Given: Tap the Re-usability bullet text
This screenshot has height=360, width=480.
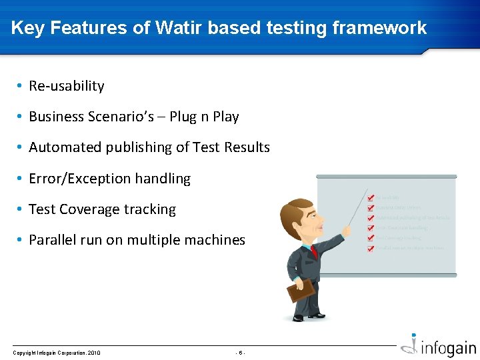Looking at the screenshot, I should tap(67, 86).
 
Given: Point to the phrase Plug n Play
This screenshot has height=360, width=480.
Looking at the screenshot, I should tap(204, 117).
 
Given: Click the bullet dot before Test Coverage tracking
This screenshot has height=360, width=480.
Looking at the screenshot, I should tap(21, 209).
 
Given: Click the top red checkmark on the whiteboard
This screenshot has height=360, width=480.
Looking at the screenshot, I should tap(371, 198).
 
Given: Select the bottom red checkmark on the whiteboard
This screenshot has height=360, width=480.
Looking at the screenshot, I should tap(371, 248).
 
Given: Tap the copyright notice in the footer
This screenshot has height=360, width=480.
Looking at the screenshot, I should tap(57, 353).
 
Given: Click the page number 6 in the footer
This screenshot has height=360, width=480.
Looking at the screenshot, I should tap(241, 353).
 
